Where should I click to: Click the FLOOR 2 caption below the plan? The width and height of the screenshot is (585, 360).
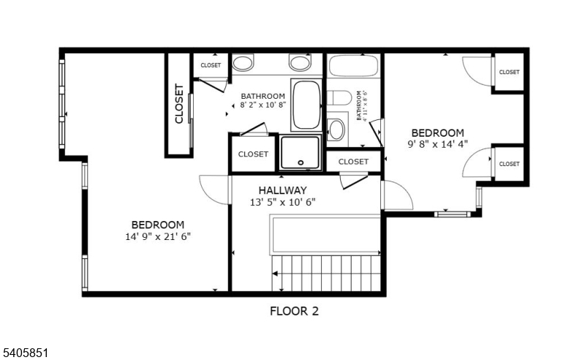[x=294, y=311]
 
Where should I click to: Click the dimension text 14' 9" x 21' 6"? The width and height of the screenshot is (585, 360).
[x=158, y=236]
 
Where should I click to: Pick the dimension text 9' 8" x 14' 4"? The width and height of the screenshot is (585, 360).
[x=438, y=143]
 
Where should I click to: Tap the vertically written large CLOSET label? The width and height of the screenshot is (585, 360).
[x=179, y=103]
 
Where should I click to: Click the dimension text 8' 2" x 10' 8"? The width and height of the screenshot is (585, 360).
[x=263, y=105]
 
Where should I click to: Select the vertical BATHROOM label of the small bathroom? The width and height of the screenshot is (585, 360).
[x=360, y=106]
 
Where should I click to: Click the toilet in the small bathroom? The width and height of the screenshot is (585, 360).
[x=339, y=97]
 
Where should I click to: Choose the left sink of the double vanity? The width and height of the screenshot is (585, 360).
[x=243, y=62]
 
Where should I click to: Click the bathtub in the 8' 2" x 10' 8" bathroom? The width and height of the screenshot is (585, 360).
[x=306, y=105]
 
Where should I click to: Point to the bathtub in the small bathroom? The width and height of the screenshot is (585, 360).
[x=354, y=67]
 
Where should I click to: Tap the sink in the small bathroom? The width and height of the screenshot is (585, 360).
[x=337, y=130]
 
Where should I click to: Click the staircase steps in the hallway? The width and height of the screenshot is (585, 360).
[x=327, y=274]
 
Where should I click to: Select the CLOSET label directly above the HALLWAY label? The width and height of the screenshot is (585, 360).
[x=353, y=162]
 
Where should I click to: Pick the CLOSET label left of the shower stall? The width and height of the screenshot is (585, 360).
[x=253, y=154]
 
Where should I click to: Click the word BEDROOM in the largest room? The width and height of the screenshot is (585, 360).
[x=158, y=225]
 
